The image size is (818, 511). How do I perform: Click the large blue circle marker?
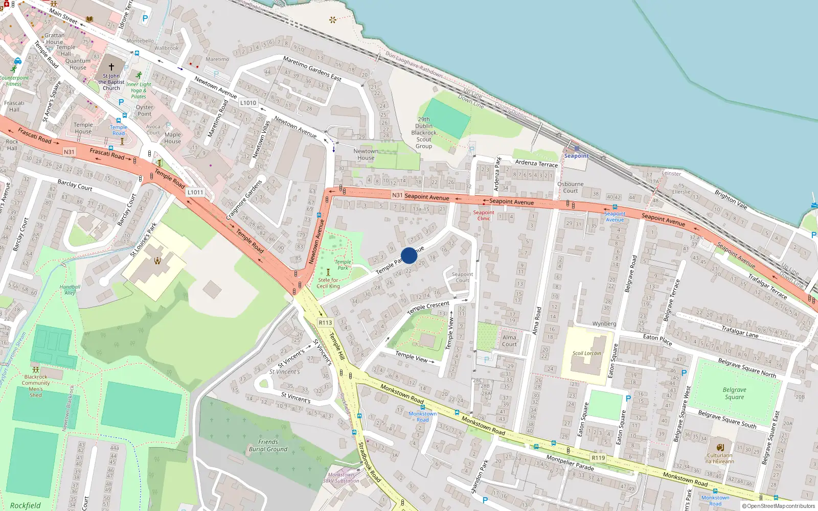click(409, 255)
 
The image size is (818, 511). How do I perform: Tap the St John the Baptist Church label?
click(111, 82)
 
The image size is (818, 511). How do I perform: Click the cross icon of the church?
click(111, 67)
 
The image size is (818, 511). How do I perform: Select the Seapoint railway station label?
click(576, 156)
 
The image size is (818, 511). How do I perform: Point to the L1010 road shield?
click(248, 103)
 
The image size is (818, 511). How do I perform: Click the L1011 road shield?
click(195, 192)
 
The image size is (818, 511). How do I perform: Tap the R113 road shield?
click(325, 322)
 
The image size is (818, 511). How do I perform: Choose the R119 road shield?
click(598, 458)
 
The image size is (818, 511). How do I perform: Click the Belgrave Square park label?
click(734, 393)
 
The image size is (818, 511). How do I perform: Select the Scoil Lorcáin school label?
click(586, 353)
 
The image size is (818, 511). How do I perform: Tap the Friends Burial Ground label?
click(268, 445)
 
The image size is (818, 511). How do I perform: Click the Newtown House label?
click(366, 154)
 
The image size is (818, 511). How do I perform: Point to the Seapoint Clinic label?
click(483, 215)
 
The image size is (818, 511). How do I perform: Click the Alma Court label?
click(509, 340)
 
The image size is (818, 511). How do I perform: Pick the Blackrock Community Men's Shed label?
click(36, 386)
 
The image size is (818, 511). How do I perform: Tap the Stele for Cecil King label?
click(328, 283)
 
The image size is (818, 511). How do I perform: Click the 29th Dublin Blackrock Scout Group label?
click(424, 133)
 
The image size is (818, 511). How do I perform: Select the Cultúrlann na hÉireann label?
click(719, 458)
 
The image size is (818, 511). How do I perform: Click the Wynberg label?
click(604, 323)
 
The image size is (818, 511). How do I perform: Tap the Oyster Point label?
click(144, 110)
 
